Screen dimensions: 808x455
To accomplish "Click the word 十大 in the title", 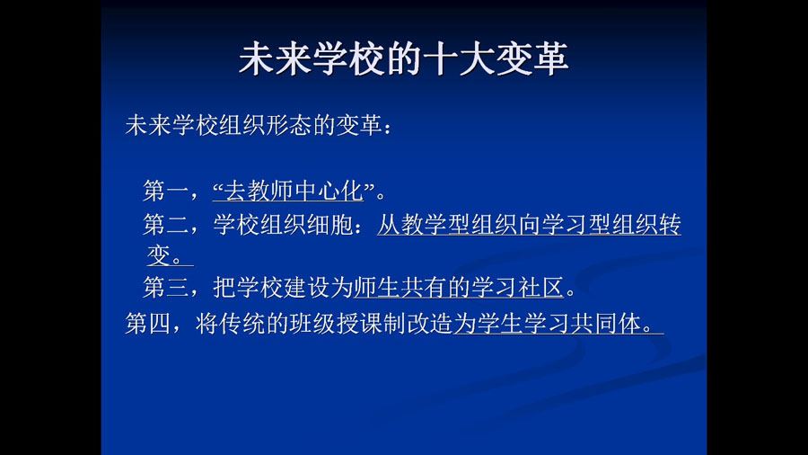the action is click(x=459, y=58).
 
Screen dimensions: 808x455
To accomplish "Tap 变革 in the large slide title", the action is click(x=532, y=58).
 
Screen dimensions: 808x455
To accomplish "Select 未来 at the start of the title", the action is click(x=275, y=58).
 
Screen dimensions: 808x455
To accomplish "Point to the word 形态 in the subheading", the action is click(x=289, y=125).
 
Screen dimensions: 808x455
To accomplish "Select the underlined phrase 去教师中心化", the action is click(x=294, y=191).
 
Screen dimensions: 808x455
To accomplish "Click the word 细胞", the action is click(x=329, y=225).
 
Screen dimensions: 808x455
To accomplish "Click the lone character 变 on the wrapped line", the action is click(x=158, y=255).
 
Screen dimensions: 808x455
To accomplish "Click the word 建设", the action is click(x=307, y=287).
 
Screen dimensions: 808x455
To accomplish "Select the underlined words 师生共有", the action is click(x=400, y=287).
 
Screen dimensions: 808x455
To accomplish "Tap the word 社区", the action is click(x=541, y=287).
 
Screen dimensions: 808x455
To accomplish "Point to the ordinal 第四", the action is click(x=148, y=324).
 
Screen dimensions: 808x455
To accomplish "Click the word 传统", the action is click(x=242, y=324).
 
